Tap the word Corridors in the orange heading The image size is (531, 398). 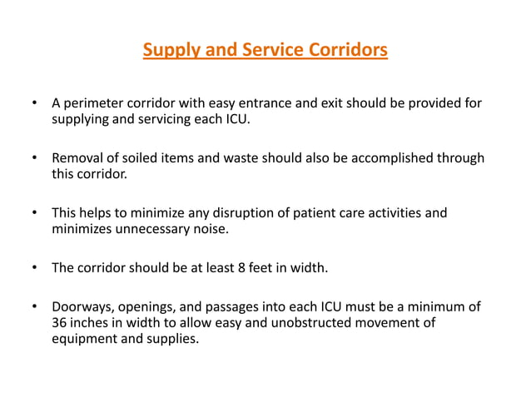pyautogui.click(x=345, y=52)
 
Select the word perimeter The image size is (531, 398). pyautogui.click(x=94, y=103)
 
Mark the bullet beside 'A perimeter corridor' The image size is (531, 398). pyautogui.click(x=34, y=103)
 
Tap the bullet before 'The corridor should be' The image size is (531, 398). pyautogui.click(x=34, y=267)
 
